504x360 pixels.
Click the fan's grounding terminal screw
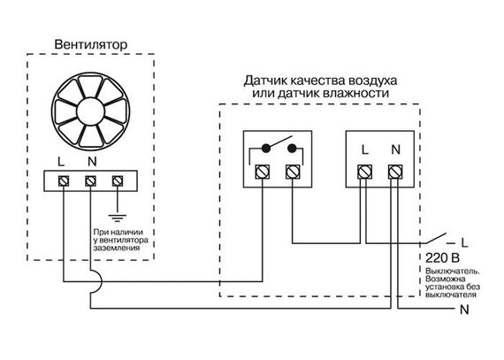[x=117, y=182]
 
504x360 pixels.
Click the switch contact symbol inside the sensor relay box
[x=275, y=148]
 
